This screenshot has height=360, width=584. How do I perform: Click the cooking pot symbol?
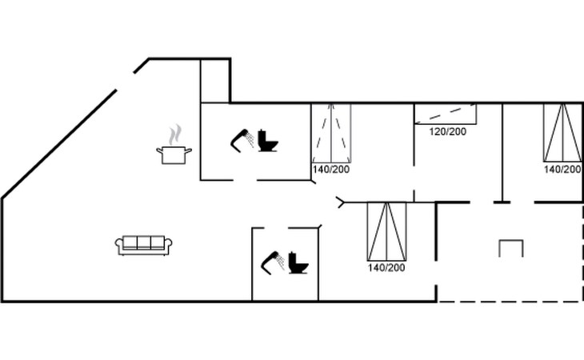(174, 155)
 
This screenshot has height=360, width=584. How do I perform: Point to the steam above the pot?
(175, 134)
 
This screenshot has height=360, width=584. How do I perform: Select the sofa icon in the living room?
(143, 246)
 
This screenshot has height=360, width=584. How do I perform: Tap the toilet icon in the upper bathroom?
(268, 141)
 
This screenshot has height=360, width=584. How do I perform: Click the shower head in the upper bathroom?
(242, 140)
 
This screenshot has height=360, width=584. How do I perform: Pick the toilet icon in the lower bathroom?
(298, 263)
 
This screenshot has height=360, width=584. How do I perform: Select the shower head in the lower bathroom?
(273, 262)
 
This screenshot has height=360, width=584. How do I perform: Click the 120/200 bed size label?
(448, 131)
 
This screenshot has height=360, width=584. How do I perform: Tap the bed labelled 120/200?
(446, 114)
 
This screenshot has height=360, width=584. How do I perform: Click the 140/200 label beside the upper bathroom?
(331, 170)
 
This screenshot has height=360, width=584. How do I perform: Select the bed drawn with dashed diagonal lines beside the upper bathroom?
(331, 134)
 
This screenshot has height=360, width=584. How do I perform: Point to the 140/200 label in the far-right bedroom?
(562, 170)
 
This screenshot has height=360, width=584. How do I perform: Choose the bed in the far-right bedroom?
(562, 133)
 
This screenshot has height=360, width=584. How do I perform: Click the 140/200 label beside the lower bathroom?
(386, 268)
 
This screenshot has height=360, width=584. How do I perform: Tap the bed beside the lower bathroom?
(386, 231)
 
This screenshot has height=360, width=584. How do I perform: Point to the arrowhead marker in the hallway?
(341, 202)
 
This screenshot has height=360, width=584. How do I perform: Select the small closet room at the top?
(215, 81)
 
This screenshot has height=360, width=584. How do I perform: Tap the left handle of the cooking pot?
(160, 150)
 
